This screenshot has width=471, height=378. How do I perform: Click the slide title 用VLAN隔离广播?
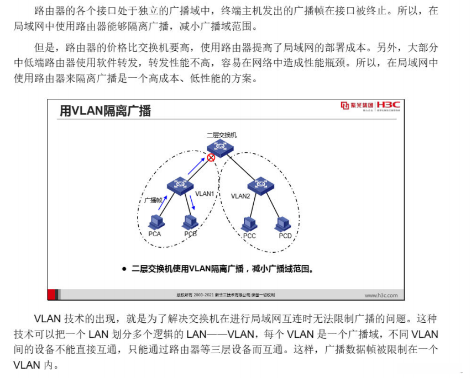105,111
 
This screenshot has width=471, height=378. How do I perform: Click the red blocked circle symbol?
211,157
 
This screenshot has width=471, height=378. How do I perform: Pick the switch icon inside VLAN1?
180,185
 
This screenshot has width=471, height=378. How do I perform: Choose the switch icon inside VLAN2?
261,185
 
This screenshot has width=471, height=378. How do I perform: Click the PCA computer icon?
156,222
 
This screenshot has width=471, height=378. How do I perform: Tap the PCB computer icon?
190,222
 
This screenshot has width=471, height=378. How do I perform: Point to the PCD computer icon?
283,223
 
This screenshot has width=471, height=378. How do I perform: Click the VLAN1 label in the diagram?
205,194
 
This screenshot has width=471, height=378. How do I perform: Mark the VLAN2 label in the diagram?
240,196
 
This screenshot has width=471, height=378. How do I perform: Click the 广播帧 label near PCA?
153,201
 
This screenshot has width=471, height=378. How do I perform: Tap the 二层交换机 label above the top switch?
221,135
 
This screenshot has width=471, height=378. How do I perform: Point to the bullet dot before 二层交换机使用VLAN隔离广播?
124,269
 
